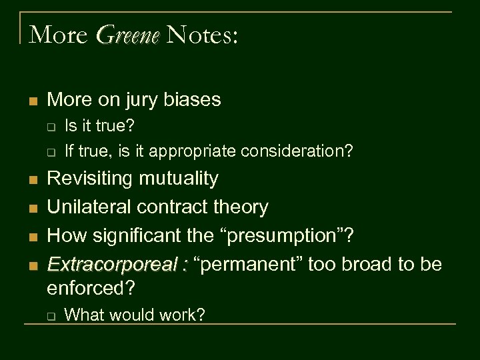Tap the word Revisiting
(92, 178)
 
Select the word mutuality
(180, 178)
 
